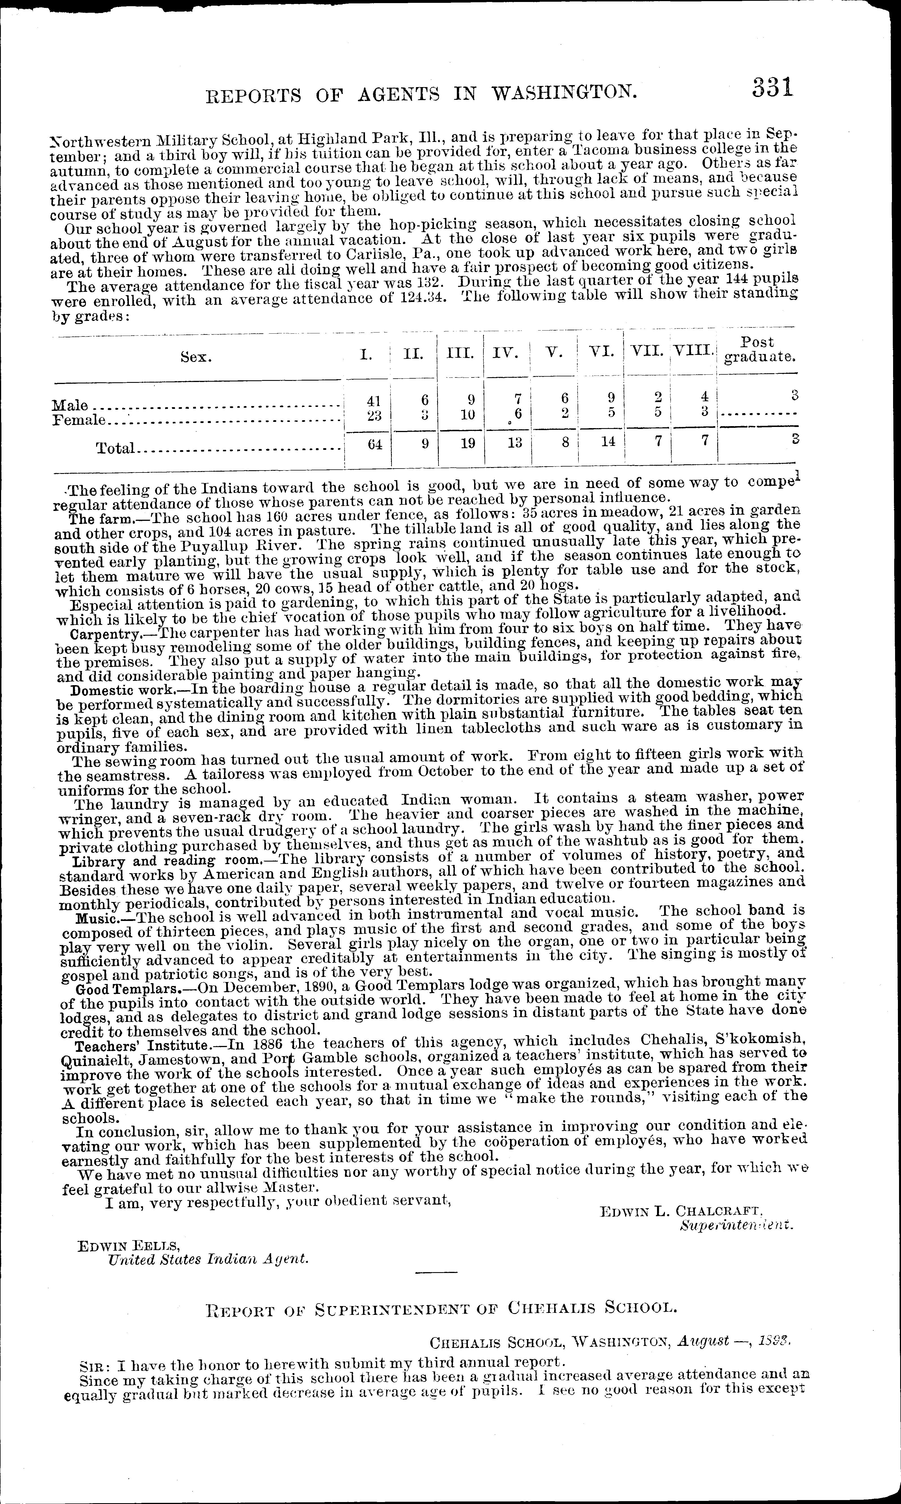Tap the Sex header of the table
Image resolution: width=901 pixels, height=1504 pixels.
pyautogui.click(x=196, y=358)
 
